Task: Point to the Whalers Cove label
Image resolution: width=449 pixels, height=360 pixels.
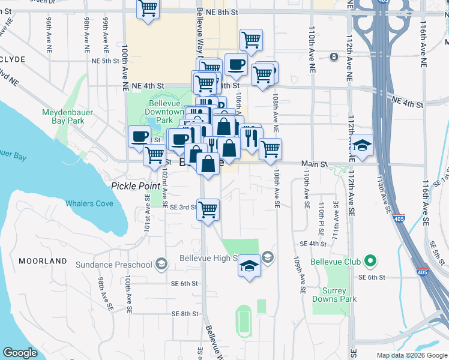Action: [x=89, y=203]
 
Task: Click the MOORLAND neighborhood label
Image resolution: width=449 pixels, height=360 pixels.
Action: [x=43, y=262]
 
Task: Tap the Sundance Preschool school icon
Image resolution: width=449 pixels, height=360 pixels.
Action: [x=161, y=264]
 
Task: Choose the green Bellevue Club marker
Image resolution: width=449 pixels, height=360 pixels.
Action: [x=370, y=261]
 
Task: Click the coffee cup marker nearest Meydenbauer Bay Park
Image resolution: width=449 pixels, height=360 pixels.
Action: [x=140, y=136]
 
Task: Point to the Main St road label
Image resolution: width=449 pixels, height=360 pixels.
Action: [x=315, y=163]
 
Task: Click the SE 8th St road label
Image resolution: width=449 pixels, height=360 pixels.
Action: [x=184, y=314]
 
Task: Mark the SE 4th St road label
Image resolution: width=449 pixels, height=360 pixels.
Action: [x=312, y=244]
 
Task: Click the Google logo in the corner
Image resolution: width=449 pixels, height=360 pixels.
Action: [x=20, y=352]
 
